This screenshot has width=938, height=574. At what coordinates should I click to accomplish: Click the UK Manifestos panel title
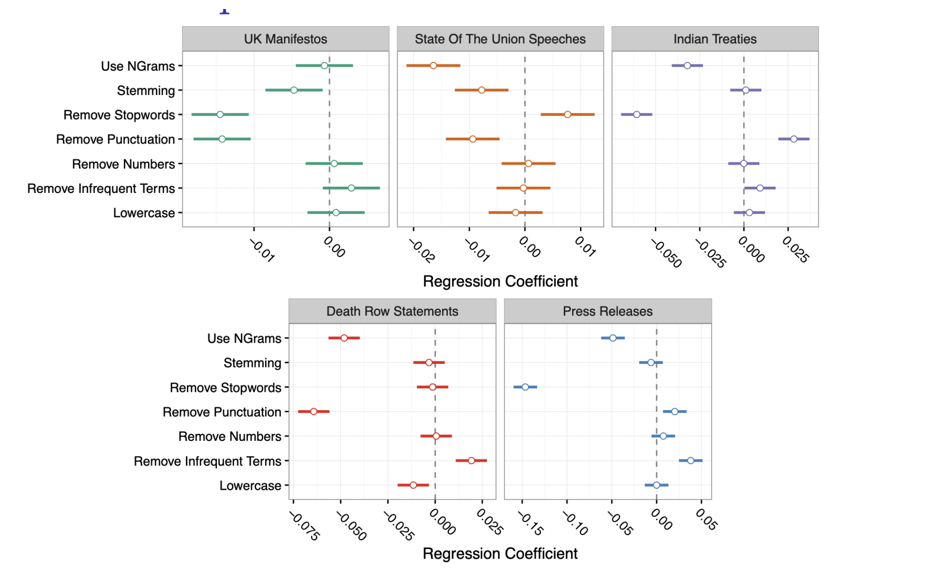285,39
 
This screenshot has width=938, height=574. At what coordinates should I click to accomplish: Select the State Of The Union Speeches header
500,39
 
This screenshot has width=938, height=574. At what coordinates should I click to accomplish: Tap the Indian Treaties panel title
715,39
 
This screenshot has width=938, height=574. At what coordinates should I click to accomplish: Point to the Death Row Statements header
392,311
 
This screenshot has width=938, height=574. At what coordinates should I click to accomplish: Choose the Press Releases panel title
607,311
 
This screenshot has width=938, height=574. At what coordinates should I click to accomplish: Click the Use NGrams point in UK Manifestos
324,66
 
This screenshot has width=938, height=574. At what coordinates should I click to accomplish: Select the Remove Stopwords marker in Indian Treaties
637,115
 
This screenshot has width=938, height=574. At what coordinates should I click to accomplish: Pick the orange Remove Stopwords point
567,115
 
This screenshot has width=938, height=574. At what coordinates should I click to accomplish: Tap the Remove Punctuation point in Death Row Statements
314,412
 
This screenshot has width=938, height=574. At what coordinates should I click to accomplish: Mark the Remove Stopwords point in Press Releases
525,387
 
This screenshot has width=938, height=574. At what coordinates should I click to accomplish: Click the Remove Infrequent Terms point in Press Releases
690,461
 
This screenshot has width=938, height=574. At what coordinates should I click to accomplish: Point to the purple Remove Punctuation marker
794,139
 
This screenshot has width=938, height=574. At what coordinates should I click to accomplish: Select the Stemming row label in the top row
146,90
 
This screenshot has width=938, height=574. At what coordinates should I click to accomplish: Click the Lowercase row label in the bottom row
250,486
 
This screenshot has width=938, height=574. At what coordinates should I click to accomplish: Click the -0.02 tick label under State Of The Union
422,251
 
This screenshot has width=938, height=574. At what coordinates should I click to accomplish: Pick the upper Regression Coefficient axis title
500,281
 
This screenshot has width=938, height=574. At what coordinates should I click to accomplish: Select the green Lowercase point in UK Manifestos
336,212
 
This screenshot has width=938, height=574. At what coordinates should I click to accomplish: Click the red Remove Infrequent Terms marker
471,461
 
